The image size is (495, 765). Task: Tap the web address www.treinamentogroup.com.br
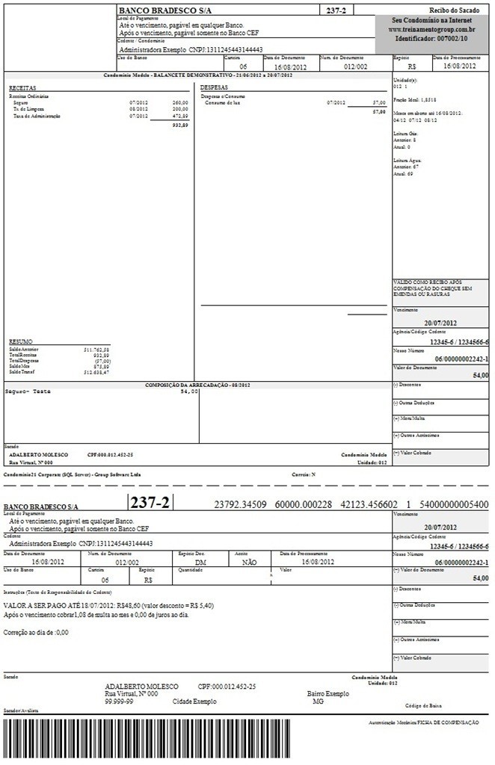(x=431, y=29)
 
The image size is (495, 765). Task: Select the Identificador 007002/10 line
(x=431, y=37)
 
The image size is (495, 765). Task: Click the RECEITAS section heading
(x=23, y=88)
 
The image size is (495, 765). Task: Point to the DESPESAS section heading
(x=214, y=88)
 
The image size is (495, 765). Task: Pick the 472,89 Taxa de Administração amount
(x=180, y=116)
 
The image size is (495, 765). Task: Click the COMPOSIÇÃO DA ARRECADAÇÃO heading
(x=197, y=385)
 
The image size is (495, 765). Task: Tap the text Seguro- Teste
(x=28, y=391)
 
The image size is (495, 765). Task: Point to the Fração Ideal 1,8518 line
(x=415, y=99)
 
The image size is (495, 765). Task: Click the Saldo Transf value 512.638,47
(x=96, y=371)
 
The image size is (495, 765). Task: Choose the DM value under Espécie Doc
(x=200, y=563)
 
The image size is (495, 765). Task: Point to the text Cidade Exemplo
(x=194, y=701)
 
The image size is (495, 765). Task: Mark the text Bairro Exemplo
(x=328, y=693)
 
